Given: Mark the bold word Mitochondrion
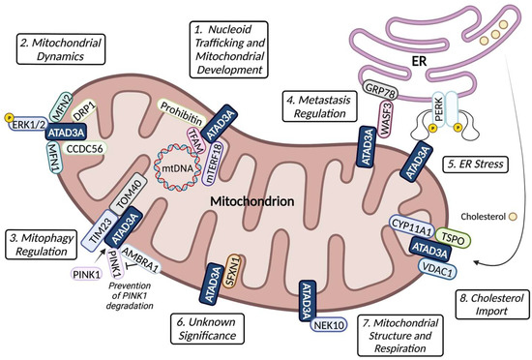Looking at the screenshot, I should tap(266, 197).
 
